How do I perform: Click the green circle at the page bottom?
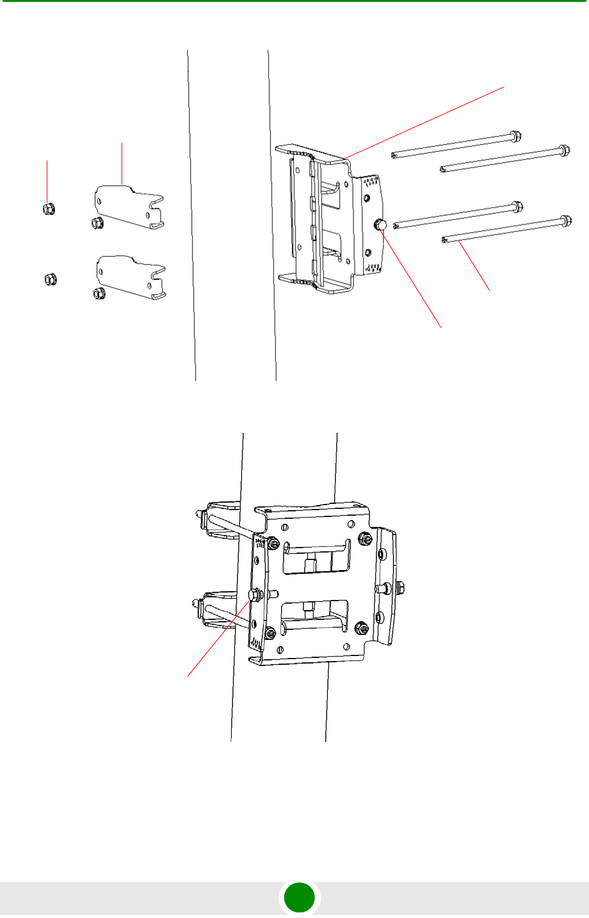299,898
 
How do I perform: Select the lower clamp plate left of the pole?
130,276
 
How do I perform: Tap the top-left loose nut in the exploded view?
49,209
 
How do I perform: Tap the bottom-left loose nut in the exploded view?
50,279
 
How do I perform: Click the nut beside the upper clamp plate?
97,223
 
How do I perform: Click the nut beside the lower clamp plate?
98,292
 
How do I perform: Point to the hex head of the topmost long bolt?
515,135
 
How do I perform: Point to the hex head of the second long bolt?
563,150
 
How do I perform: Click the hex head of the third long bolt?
516,206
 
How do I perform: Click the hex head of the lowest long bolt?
565,221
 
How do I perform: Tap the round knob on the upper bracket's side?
380,226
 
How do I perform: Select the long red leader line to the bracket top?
424,122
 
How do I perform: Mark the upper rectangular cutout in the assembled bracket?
316,558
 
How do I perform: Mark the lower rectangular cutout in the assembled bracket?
315,615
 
